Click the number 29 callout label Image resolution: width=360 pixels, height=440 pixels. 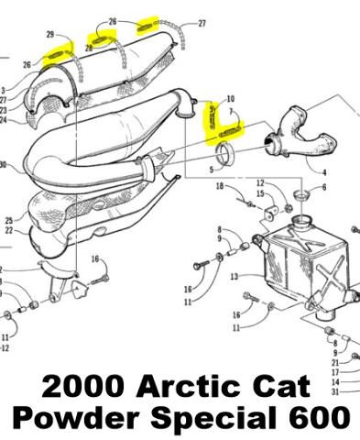50,35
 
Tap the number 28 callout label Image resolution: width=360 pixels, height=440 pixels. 89,48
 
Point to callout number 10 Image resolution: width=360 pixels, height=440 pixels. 231,99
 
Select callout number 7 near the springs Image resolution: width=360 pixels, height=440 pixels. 231,111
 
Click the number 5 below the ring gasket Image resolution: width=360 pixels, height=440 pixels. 212,170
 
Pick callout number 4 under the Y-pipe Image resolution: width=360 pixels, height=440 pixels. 324,172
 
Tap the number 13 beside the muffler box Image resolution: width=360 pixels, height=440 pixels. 235,277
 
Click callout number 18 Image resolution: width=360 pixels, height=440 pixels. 220,186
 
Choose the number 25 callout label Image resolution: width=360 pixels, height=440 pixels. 9,220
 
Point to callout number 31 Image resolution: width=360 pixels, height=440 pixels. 335,391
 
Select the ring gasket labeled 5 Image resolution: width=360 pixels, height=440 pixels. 225,154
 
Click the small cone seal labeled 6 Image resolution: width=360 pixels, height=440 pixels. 301,194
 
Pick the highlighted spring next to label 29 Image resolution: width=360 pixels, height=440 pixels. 57,55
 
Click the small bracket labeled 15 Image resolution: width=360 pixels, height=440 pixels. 270,213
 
